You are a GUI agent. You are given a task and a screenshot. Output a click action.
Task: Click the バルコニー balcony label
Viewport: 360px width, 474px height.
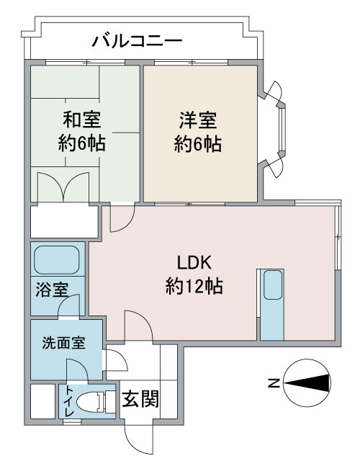click(138, 41)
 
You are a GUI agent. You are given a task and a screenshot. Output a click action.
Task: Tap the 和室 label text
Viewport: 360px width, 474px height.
click(81, 120)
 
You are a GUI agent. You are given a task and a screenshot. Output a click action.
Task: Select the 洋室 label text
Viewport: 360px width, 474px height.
click(198, 120)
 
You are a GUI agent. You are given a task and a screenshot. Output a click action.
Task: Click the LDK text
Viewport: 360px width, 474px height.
click(194, 263)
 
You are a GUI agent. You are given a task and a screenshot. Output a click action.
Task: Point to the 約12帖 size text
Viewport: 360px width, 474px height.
click(194, 286)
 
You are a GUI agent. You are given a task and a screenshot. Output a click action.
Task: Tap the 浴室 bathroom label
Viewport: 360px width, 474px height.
click(52, 290)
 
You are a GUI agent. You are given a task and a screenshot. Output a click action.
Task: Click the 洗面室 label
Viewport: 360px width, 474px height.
click(64, 343)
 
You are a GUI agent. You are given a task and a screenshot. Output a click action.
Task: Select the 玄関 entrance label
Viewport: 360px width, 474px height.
click(140, 399)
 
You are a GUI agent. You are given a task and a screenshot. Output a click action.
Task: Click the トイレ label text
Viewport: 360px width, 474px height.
click(70, 401)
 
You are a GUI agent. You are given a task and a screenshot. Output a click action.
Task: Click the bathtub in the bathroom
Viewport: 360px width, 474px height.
click(57, 259)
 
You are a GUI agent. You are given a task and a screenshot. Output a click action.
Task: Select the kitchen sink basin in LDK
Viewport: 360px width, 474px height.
click(273, 285)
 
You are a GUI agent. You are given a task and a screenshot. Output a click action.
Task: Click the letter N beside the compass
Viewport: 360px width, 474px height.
click(274, 384)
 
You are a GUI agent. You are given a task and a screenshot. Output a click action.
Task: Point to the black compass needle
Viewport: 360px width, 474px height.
click(307, 384)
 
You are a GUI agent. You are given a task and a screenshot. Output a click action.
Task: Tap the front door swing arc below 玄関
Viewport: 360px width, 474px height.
click(139, 437)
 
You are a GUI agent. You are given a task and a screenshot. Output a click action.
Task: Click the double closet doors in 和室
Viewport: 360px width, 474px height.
click(63, 187)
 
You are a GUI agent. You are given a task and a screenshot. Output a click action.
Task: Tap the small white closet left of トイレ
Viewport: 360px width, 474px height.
click(43, 401)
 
